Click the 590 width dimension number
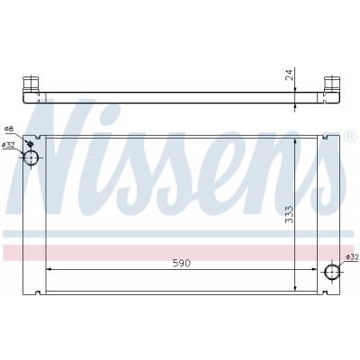(x=182, y=263)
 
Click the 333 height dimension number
(x=290, y=214)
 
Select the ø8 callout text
(x=9, y=129)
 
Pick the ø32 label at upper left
(x=8, y=145)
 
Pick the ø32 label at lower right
(x=352, y=256)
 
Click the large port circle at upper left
(x=31, y=157)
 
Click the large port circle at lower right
(x=332, y=272)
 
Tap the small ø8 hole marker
(x=30, y=144)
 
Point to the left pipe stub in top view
(x=31, y=85)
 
